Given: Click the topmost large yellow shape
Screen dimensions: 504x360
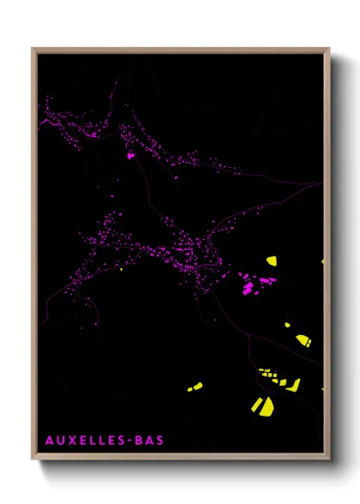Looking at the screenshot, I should [271, 261].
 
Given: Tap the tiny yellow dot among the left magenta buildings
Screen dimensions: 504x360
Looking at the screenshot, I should [121, 271].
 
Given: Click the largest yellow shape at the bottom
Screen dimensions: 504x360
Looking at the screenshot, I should [261, 405].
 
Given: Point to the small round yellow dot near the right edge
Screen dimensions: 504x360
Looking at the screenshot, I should [287, 326].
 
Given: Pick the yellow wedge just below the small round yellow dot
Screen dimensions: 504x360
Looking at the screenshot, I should [303, 340].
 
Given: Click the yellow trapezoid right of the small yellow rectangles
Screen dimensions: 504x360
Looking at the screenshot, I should [294, 385].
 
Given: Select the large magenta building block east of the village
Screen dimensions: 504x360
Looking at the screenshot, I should [249, 288].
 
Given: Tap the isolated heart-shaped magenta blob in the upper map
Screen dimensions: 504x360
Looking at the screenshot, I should [130, 156].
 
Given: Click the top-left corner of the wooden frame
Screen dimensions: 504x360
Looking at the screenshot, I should [33, 48].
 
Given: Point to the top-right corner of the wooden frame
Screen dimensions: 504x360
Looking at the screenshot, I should [329, 48].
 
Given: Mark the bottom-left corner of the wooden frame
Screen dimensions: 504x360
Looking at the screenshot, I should [33, 460].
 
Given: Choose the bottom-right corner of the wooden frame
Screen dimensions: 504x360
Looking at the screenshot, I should [329, 460].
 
